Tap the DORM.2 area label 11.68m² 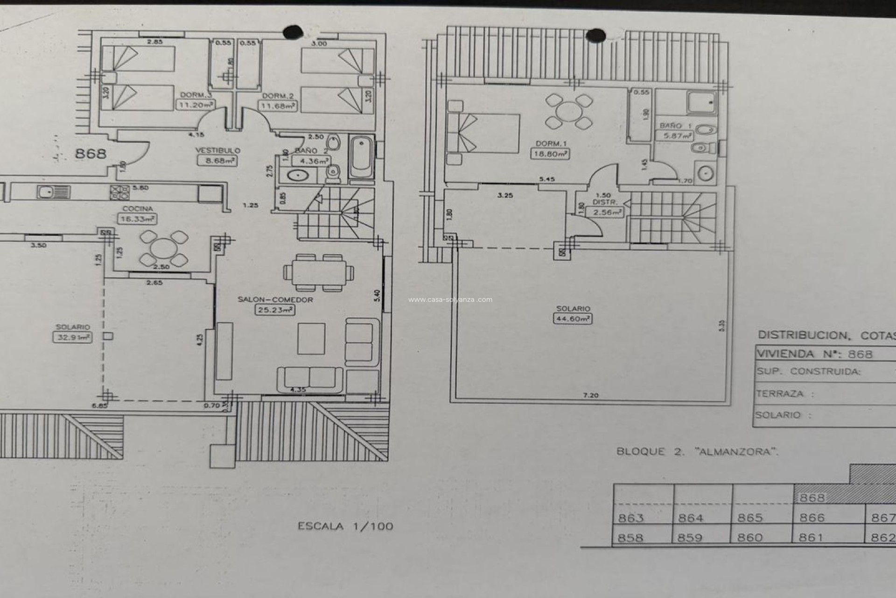(278, 106)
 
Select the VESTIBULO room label (217, 150)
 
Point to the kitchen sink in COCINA (47, 192)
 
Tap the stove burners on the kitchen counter (119, 192)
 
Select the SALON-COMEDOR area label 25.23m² (275, 310)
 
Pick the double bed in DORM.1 (483, 133)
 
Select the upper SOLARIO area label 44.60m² (573, 319)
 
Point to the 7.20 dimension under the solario (590, 395)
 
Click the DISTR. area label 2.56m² (607, 213)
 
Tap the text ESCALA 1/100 (345, 527)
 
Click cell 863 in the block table (631, 518)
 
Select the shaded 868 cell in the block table (812, 498)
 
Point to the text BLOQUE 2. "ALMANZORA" (697, 452)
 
